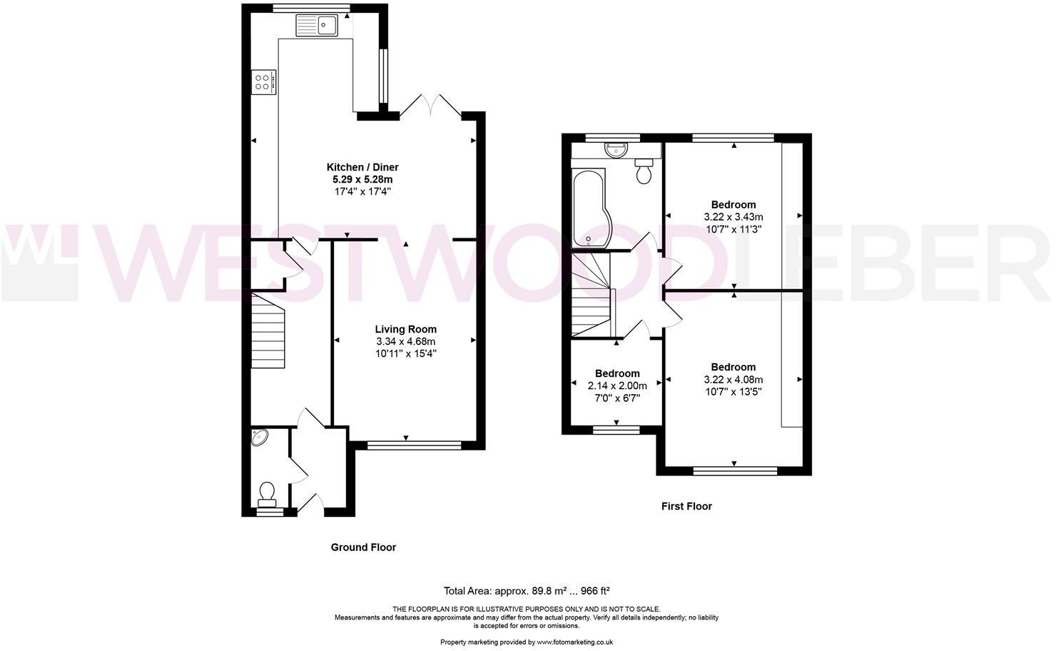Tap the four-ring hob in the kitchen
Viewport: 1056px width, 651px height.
263,81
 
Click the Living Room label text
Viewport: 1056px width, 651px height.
406,329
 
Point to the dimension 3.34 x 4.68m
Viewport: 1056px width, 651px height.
406,341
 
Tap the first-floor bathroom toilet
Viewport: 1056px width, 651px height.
644,172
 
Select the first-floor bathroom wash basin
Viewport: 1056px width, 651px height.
615,150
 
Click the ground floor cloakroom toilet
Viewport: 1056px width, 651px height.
268,493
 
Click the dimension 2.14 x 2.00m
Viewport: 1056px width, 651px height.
617,385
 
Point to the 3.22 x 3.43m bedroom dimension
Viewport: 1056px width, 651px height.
733,217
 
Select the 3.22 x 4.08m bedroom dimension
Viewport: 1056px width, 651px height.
733,380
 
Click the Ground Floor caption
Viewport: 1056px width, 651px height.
363,547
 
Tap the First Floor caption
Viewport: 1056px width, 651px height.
686,506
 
